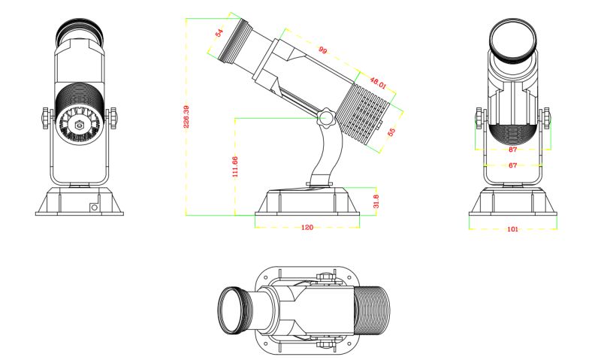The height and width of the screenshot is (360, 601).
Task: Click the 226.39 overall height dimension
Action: click(x=186, y=116)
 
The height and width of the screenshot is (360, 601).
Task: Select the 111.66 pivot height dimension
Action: click(x=234, y=166)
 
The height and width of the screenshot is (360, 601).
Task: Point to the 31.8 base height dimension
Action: click(x=375, y=201)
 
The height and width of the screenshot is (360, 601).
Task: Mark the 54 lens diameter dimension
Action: click(x=219, y=33)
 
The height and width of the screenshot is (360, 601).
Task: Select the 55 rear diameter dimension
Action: click(x=391, y=132)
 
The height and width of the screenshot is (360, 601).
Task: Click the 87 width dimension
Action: click(x=513, y=150)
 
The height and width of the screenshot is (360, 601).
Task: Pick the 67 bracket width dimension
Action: click(x=512, y=165)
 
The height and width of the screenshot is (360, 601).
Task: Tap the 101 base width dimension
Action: click(x=512, y=227)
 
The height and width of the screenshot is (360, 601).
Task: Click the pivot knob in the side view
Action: click(x=327, y=119)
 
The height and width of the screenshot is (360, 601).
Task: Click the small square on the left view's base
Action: click(x=94, y=206)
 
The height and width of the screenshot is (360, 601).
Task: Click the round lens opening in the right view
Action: click(x=512, y=37)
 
